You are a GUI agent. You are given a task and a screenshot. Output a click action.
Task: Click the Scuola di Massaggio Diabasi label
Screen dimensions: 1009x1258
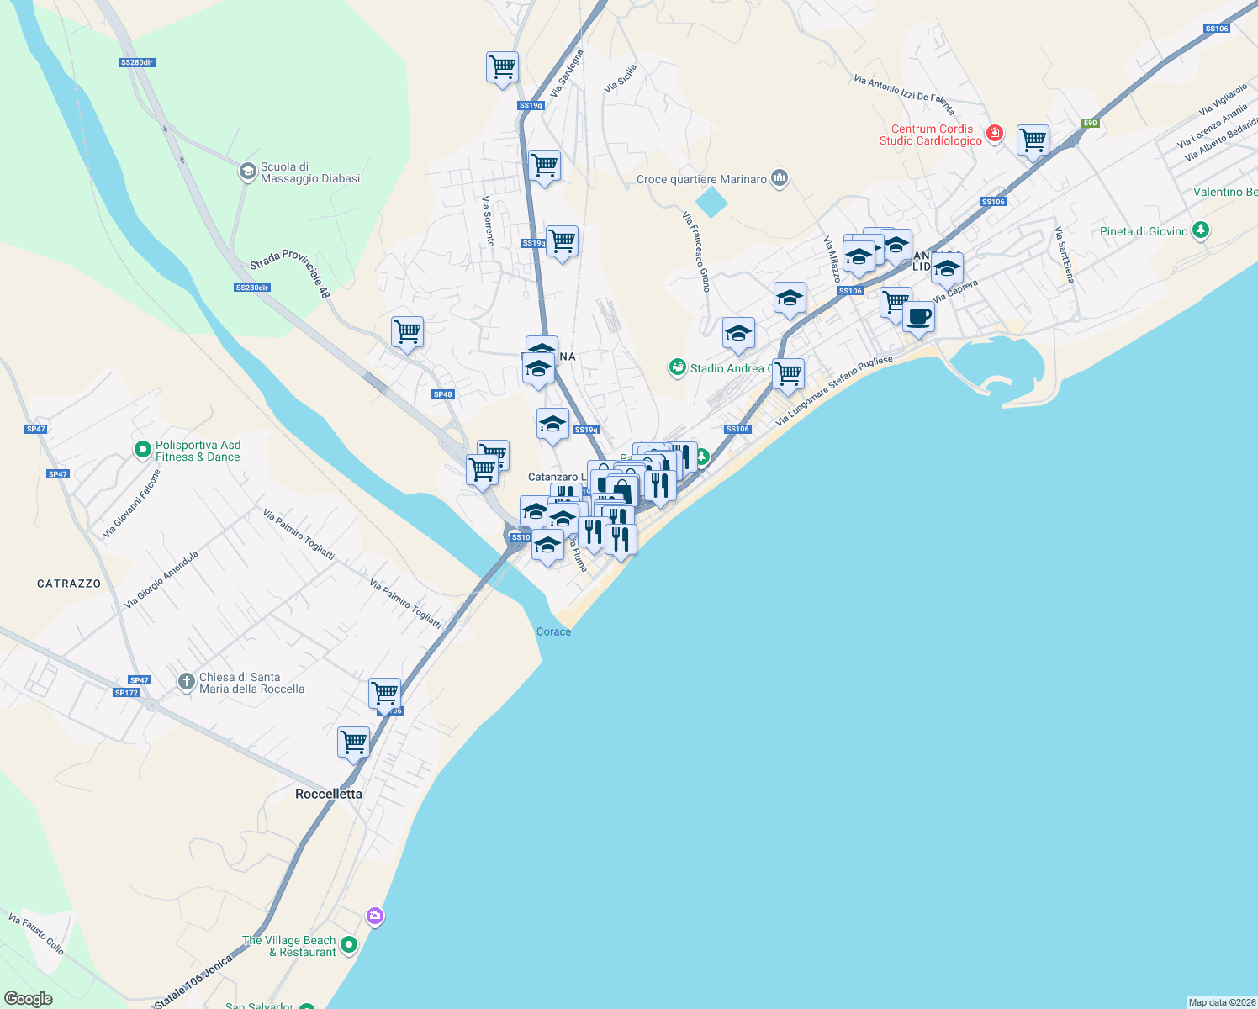(310, 173)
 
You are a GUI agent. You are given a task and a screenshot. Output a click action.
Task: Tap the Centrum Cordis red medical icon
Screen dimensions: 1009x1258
(995, 134)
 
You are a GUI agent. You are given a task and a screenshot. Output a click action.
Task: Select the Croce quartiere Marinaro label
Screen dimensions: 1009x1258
(701, 179)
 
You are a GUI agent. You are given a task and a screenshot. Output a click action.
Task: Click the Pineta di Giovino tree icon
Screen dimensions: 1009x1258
(1201, 230)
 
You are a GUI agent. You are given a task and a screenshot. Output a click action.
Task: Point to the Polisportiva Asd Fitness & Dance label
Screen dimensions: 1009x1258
(198, 452)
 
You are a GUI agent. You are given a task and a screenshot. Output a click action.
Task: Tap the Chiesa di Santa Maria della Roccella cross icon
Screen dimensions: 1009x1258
(187, 682)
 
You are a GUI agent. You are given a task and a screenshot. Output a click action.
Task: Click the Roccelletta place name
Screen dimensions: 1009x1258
(329, 794)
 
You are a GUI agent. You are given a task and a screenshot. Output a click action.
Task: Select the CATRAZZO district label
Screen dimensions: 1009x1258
(69, 584)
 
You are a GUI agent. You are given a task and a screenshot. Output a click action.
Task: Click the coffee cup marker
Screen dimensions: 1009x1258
(918, 318)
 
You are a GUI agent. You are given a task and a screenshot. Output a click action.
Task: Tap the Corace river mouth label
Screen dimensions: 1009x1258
(553, 631)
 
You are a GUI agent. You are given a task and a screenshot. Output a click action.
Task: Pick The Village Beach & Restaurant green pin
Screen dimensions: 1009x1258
(349, 945)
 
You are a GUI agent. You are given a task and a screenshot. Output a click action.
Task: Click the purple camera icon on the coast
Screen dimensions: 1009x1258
(375, 916)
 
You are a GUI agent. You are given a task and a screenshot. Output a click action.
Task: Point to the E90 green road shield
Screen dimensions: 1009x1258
(1090, 123)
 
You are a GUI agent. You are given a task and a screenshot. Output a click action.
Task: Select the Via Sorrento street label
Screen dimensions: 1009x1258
(489, 221)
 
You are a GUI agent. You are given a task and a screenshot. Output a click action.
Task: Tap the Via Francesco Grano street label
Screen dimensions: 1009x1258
(697, 251)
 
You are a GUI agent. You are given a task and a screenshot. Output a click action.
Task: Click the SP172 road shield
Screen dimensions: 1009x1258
(126, 693)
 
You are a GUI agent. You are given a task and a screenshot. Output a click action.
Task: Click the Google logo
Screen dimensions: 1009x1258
(29, 999)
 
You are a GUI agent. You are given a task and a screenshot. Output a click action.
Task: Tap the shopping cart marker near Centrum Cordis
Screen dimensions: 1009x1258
(1033, 140)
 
